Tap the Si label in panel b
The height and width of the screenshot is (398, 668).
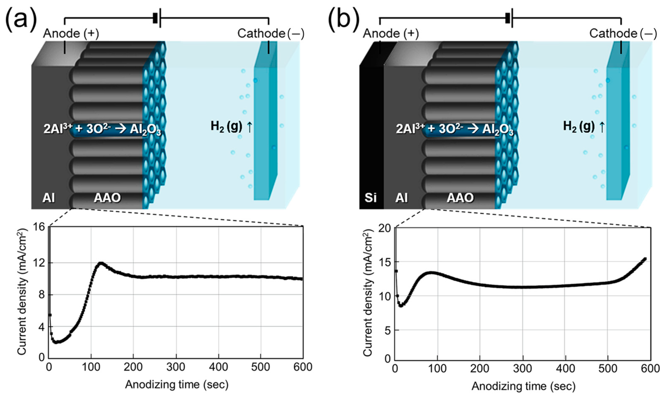371,198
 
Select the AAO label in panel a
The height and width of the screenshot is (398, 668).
107,198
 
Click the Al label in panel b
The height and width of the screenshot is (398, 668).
401,198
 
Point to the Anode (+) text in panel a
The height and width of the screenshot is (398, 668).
71,34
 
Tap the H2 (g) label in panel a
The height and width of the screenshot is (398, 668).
226,126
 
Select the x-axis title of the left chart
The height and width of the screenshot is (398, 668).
177,385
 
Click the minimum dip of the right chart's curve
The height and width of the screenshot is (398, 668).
401,305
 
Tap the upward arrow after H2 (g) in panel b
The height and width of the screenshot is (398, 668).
602,127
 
